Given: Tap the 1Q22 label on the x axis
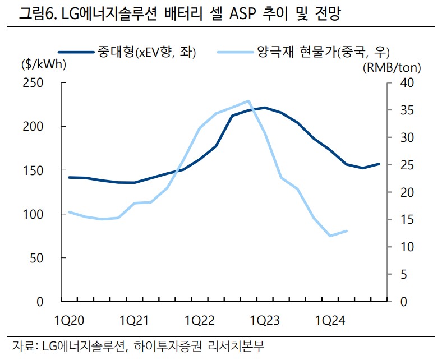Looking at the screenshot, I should pos(200,320).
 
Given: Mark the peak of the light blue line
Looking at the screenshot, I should pos(248,101).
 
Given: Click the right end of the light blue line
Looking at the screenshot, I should pos(346,230).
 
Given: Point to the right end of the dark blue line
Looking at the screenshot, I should pos(379,164).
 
